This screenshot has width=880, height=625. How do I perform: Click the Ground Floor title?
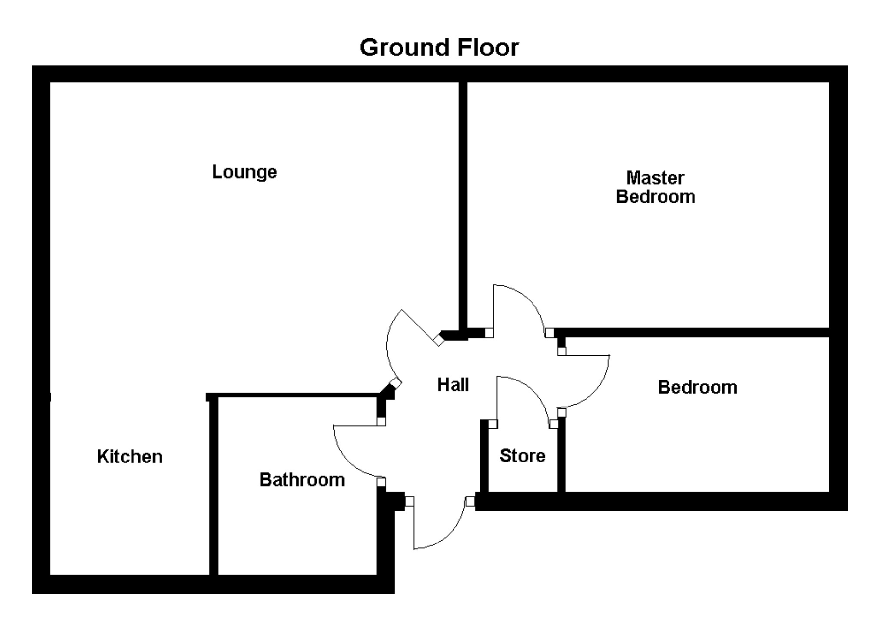point(439,47)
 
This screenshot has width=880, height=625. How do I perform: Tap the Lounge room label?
point(244,172)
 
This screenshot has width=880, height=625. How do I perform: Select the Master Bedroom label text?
point(655,187)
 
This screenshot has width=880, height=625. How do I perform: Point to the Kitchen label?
point(130,456)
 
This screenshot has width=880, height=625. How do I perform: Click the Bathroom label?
point(302,480)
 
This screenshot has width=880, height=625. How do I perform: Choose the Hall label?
point(453,385)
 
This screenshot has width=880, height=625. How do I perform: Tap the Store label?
point(522,456)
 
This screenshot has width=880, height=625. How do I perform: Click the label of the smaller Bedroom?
point(697,387)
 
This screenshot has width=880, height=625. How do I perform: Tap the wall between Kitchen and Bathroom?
point(213,486)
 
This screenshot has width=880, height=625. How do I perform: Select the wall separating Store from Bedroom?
point(561,456)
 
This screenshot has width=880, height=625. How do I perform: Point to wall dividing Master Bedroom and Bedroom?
point(695,333)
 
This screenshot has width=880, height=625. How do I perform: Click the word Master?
point(655,178)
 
